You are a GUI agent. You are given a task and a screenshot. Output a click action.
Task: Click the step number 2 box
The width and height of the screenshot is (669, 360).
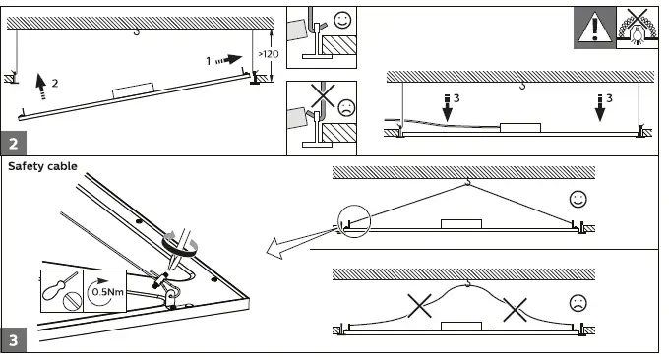14,143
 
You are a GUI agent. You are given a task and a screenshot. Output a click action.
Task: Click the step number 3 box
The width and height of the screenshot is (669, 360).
14,340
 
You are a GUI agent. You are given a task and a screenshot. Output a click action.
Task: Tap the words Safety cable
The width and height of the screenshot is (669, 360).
42,166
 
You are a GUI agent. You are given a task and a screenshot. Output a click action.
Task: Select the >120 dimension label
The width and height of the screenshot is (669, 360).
269,54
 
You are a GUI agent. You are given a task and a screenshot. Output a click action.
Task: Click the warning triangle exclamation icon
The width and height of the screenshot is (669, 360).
594,28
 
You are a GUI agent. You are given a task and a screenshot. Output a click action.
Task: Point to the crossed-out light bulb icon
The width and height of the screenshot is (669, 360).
638,28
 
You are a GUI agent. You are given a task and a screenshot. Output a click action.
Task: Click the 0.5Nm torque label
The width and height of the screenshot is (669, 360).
108,292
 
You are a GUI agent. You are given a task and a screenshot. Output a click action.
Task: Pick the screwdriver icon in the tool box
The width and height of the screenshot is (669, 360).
58,285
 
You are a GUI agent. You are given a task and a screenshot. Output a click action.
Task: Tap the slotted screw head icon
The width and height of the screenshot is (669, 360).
72,302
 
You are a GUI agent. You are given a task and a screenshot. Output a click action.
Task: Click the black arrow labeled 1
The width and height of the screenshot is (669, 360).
229,60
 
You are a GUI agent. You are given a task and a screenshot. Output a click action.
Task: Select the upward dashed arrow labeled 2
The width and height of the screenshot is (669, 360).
41,87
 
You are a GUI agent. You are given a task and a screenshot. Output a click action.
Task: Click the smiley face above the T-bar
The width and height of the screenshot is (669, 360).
342,20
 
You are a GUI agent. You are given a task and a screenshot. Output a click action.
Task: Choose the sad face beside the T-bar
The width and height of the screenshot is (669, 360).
346,107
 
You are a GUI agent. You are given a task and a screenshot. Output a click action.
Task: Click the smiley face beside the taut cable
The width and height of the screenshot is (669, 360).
578,200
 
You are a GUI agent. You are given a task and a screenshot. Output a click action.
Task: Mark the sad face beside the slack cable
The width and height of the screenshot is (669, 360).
578,303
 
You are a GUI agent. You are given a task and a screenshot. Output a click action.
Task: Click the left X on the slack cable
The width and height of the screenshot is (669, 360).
419,305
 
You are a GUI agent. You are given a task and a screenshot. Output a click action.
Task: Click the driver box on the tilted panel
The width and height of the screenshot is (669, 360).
133,90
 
